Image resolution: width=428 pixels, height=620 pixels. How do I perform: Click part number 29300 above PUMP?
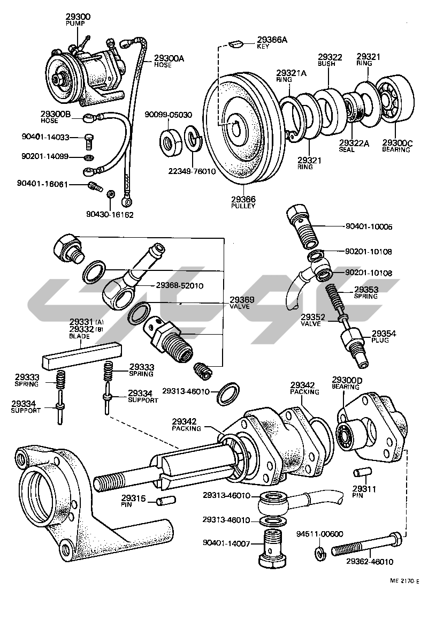[x=78, y=17]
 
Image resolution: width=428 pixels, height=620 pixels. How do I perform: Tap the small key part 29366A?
[x=235, y=43]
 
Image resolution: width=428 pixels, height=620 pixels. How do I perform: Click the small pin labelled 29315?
[x=163, y=501]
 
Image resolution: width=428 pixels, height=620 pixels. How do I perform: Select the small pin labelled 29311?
[x=362, y=473]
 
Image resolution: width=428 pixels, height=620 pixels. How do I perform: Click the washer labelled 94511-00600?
[x=320, y=553]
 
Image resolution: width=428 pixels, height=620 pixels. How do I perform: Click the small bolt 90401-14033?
[x=89, y=141]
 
